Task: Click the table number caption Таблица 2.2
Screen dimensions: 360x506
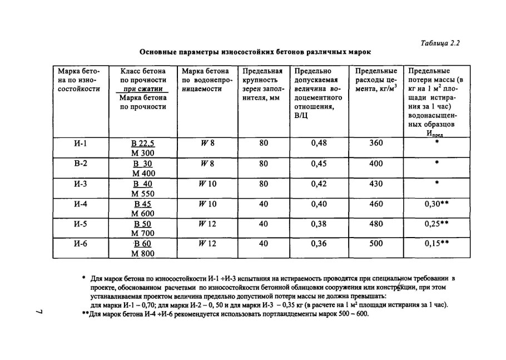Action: click(441, 42)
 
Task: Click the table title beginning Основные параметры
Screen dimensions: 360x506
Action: click(255, 52)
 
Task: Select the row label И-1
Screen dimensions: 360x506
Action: click(81, 143)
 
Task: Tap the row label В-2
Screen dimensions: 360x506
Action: click(81, 164)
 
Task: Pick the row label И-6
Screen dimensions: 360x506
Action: click(81, 243)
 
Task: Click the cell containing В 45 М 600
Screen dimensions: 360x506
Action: click(143, 208)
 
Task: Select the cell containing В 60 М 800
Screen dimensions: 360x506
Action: click(143, 248)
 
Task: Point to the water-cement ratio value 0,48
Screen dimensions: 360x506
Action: click(319, 143)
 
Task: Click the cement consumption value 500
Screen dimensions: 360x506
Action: click(376, 243)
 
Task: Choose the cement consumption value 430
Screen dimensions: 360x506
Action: click(376, 183)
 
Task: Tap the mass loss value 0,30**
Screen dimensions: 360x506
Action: click(436, 204)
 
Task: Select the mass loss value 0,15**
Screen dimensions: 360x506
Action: click(436, 243)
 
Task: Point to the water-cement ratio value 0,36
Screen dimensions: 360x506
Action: click(319, 243)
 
